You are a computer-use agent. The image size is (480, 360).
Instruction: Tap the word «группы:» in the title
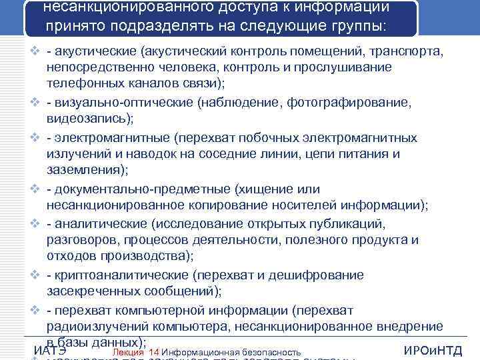click(357, 27)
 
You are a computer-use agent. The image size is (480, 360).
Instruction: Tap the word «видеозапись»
click(89, 119)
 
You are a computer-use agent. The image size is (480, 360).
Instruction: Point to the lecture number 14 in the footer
click(154, 352)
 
